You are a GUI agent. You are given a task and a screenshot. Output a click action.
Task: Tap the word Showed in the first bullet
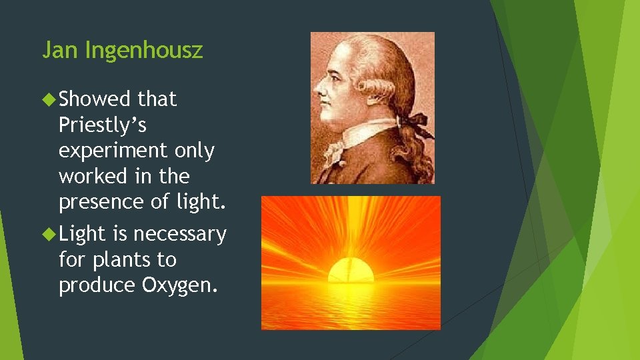[95, 99]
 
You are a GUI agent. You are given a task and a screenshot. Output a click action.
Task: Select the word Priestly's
[103, 125]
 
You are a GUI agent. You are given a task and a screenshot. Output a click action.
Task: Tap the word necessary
[179, 234]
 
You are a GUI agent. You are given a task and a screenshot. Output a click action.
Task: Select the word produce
[97, 285]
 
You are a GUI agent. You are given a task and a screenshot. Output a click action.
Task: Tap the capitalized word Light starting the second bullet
[82, 234]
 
